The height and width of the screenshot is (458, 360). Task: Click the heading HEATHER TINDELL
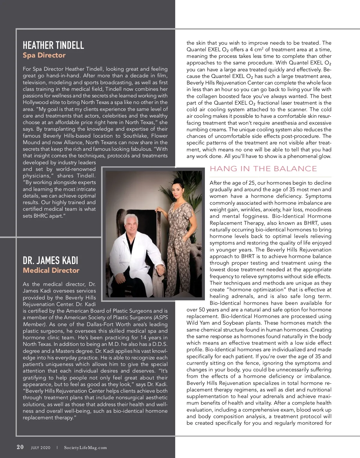53,45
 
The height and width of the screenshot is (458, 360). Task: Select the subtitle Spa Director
44,55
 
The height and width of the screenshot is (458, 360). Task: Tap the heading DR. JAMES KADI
50,260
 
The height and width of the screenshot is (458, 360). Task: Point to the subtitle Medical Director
51,270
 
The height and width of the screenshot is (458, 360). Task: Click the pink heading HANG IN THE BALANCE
263,169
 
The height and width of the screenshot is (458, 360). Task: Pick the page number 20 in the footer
20,447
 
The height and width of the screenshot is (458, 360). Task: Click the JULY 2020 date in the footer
41,448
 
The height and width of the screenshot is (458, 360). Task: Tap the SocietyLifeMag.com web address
85,448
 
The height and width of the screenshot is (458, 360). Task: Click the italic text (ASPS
160,318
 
